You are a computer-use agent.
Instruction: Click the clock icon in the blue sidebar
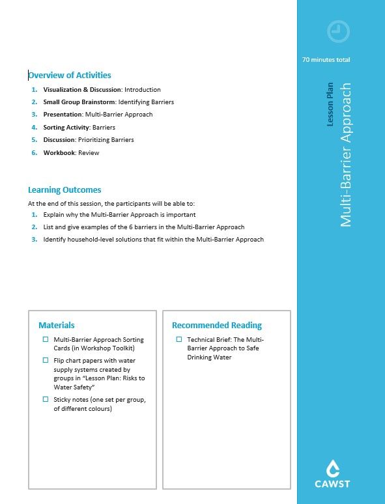click(x=338, y=31)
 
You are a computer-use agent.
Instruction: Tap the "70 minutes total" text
click(x=326, y=60)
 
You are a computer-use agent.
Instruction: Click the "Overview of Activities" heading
click(x=70, y=76)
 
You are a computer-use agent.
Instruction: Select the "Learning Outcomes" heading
click(x=64, y=190)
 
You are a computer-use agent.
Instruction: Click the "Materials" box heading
click(x=57, y=325)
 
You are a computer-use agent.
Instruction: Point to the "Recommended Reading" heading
click(x=217, y=325)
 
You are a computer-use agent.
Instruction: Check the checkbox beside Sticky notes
click(x=46, y=399)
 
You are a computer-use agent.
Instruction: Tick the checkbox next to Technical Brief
click(x=179, y=339)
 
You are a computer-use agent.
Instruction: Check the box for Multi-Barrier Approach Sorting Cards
click(x=46, y=339)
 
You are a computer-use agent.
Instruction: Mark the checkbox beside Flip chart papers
click(x=46, y=360)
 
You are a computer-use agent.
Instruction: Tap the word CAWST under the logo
click(x=333, y=484)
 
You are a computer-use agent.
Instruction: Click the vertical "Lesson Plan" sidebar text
click(x=330, y=104)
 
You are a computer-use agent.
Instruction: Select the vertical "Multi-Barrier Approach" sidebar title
click(x=346, y=154)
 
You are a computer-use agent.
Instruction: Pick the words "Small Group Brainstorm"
click(x=79, y=102)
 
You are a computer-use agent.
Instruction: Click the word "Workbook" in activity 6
click(x=59, y=153)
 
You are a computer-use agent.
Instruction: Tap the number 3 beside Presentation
click(x=35, y=115)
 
